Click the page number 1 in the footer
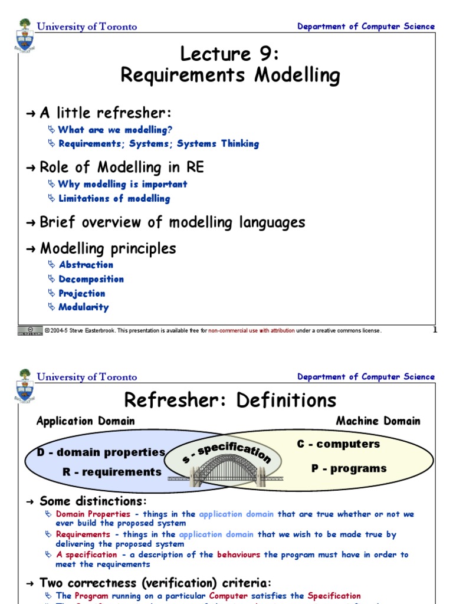435,330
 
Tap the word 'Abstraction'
86,265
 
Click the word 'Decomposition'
91,279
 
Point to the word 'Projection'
82,293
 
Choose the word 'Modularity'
84,307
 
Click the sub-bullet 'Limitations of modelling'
114,199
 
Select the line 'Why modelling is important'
123,184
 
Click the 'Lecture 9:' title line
229,54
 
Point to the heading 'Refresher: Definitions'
230,401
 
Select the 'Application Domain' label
86,421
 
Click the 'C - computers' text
339,444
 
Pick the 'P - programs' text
349,468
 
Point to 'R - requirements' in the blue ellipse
112,472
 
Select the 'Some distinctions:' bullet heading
93,501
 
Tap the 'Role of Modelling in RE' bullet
122,168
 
